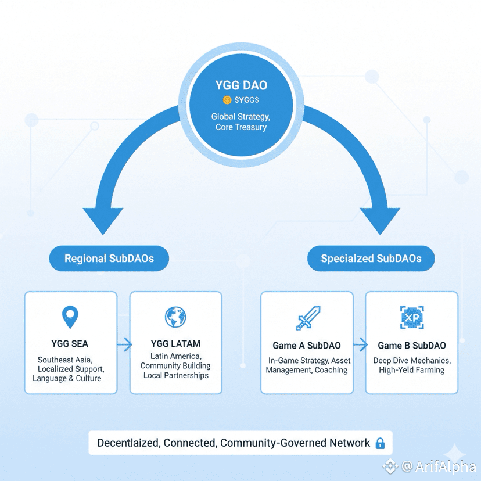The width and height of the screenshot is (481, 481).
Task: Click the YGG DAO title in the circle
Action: pos(240,85)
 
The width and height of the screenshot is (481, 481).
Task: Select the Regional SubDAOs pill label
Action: pos(109,259)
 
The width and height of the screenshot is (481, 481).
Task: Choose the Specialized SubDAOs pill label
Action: pos(371,259)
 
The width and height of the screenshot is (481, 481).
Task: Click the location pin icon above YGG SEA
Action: pos(70,317)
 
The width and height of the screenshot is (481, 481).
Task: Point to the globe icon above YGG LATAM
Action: pos(175,317)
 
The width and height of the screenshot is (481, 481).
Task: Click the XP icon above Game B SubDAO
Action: pos(411,317)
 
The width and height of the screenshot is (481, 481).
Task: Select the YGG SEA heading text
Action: pos(70,344)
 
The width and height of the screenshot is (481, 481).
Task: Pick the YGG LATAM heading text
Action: pos(175,344)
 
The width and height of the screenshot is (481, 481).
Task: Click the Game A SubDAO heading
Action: pos(307,346)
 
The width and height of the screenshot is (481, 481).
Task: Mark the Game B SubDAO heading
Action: pos(412,346)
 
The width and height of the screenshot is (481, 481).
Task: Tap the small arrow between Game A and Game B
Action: pos(360,346)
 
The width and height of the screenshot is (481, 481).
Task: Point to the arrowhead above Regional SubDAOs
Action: pos(102,220)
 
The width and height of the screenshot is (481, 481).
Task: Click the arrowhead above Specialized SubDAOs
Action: pos(379,220)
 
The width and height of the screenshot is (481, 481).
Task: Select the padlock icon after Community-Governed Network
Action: pos(381,444)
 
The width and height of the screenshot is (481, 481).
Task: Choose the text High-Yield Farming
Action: pos(411,370)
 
